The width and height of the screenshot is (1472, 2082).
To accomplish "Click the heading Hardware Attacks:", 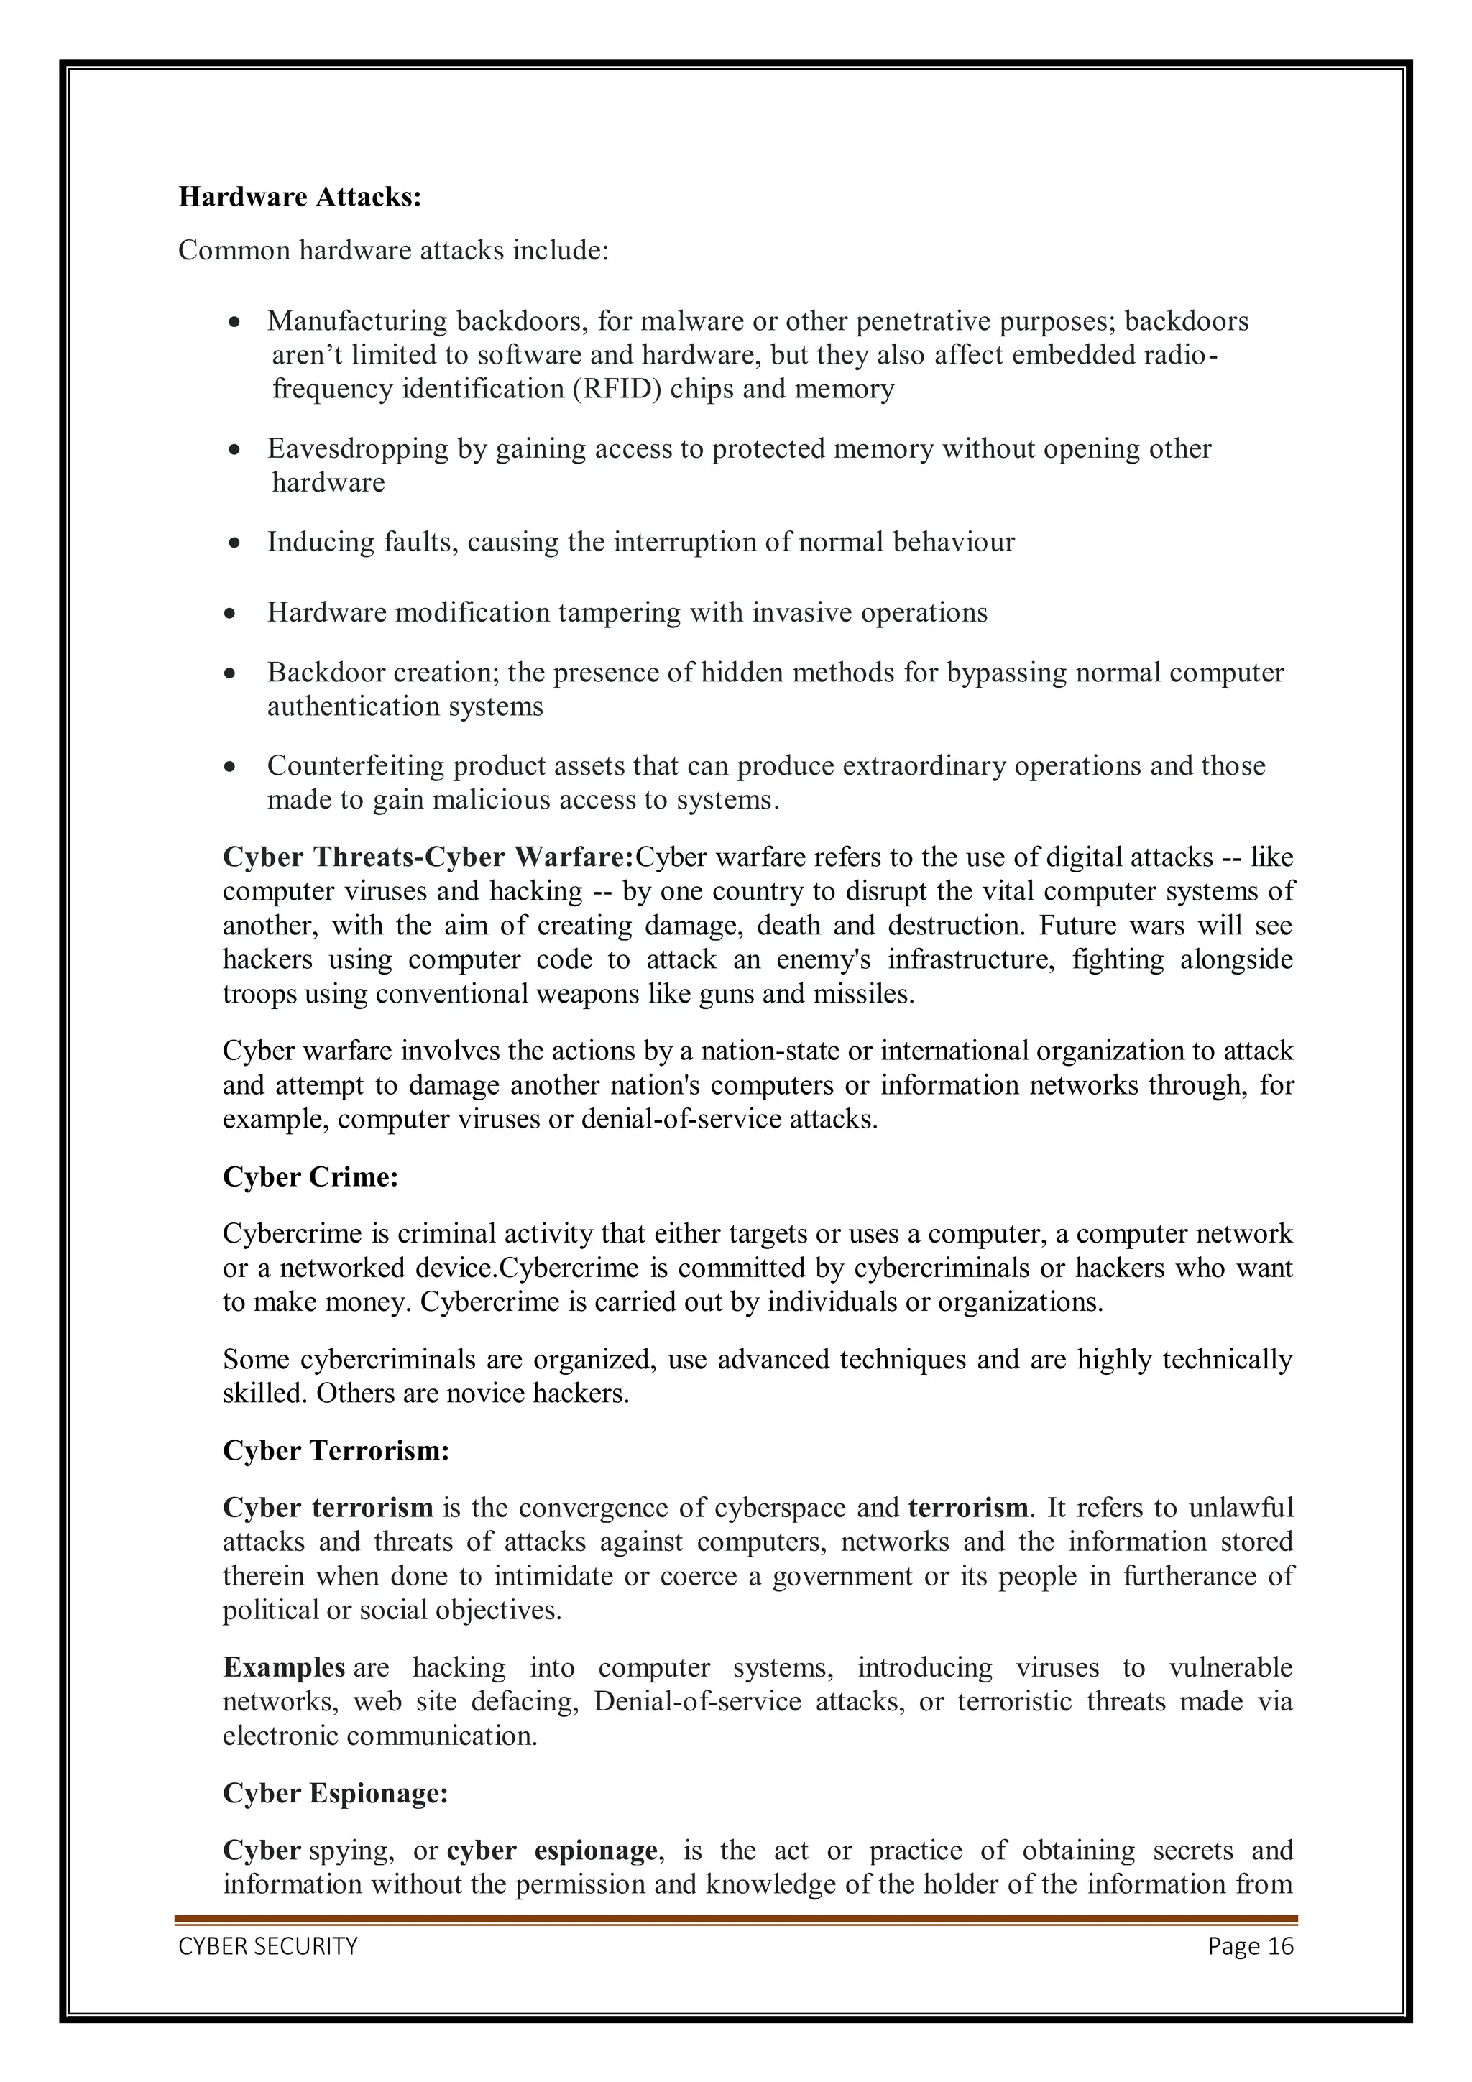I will [x=299, y=197].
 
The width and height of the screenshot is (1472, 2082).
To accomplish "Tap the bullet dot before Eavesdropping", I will [x=235, y=450].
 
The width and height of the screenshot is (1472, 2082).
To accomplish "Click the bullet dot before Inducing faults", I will [x=235, y=543].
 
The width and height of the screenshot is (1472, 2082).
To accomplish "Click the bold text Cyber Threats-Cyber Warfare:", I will [x=428, y=857].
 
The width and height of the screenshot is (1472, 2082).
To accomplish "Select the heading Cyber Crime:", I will [x=310, y=1177].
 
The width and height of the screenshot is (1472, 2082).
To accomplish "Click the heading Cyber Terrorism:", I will [x=336, y=1451].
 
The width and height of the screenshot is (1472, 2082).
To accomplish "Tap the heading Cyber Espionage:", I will [x=335, y=1794].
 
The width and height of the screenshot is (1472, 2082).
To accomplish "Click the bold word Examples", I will [x=283, y=1667].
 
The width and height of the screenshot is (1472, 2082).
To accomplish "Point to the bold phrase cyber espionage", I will [x=551, y=1851].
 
